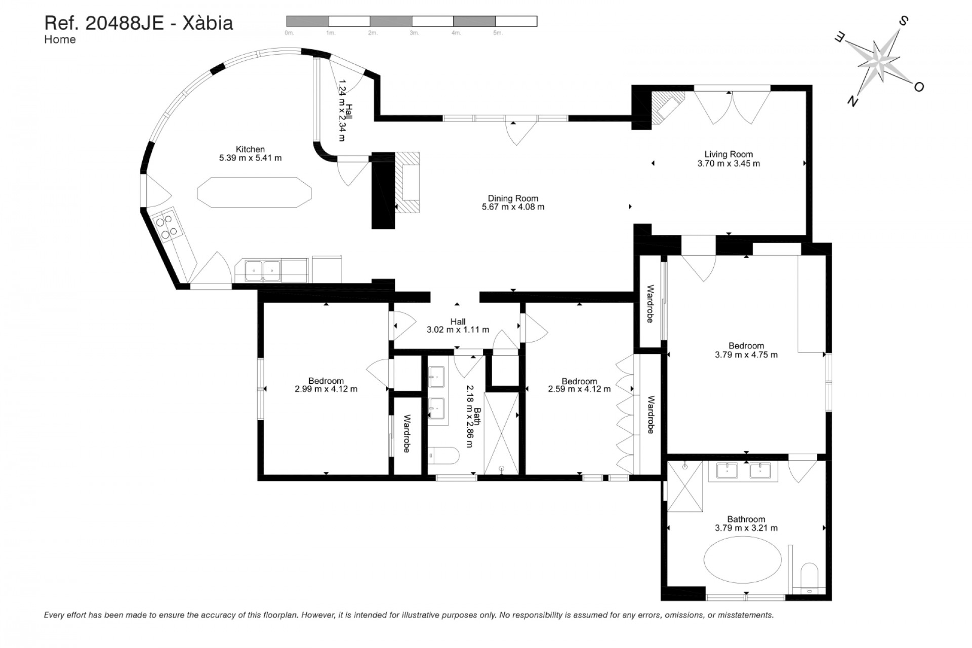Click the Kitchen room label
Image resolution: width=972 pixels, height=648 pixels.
[250, 149]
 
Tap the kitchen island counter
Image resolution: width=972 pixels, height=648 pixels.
[254, 192]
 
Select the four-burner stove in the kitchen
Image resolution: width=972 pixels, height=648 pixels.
[167, 226]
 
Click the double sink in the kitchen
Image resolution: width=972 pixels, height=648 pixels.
[262, 270]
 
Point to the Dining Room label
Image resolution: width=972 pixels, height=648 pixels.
[513, 198]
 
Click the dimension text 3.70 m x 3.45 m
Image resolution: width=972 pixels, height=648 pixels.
[728, 164]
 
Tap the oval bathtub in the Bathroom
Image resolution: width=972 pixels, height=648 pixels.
[742, 560]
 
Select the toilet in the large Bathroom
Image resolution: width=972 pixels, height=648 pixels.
[809, 576]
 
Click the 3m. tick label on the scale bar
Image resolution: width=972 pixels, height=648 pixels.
[414, 33]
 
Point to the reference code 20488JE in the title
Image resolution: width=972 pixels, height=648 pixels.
[125, 23]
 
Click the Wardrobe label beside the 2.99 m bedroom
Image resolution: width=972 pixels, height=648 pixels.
[407, 434]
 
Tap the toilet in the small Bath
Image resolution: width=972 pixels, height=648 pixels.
[444, 456]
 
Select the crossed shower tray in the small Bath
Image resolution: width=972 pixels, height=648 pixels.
[501, 433]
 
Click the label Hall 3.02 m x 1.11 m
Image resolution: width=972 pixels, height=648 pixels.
[458, 326]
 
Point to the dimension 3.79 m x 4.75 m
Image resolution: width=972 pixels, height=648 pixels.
[746, 355]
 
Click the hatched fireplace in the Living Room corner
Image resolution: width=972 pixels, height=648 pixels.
[665, 107]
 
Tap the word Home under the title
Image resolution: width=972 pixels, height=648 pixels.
[60, 39]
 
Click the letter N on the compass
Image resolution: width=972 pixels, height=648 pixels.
[853, 102]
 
